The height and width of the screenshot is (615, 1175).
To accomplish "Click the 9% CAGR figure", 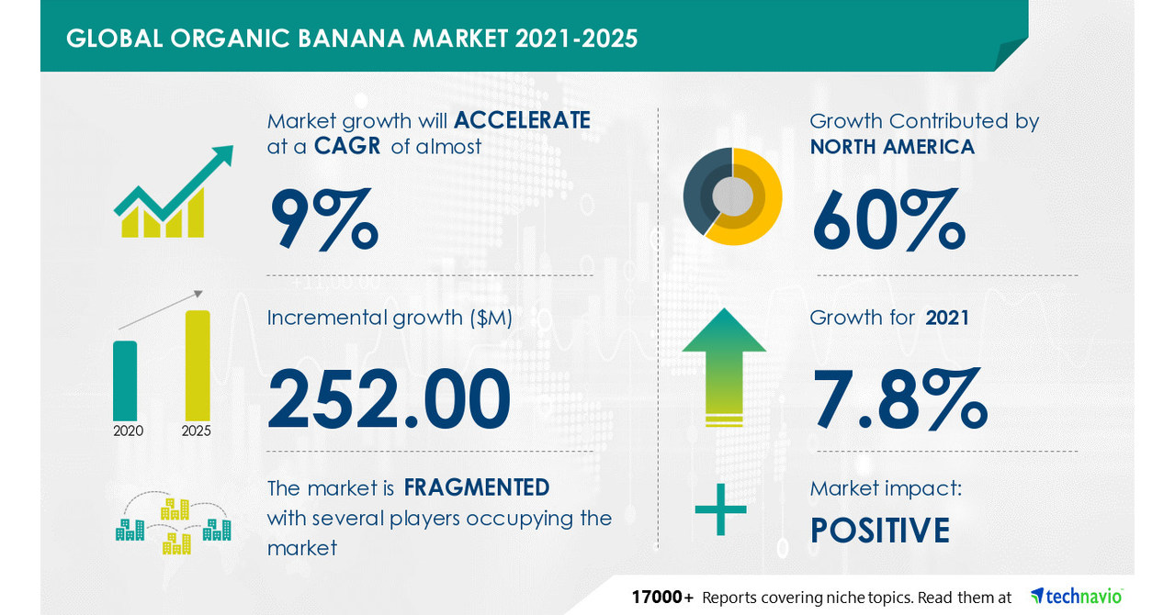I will coord(323,220).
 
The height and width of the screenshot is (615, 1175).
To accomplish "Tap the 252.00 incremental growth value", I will coord(389,398).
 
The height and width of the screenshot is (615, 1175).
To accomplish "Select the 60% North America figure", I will coord(888,220).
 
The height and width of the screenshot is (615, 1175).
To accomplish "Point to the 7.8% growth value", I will coord(898,398).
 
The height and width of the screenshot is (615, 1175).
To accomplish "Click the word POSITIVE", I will coord(879,531).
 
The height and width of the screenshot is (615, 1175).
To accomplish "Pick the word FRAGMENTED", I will coord(477,486).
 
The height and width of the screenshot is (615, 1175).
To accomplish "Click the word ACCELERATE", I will coord(522,120).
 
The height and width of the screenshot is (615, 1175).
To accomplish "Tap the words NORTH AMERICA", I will coord(892,147).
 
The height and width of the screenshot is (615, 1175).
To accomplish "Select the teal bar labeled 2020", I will coord(125,380).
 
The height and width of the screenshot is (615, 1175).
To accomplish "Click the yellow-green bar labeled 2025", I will coord(198,364).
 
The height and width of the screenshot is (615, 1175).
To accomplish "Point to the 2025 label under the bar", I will coord(197,430).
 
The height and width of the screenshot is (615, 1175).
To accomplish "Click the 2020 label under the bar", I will coord(128,430).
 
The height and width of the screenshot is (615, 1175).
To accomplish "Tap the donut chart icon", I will coord(732,196).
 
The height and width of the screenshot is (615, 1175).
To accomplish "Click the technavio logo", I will coord(1076,597).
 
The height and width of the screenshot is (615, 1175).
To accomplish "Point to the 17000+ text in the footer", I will coord(662,598).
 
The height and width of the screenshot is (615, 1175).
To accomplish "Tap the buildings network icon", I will coord(174,525).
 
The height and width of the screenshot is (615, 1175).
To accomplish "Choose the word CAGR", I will coord(348,147).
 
